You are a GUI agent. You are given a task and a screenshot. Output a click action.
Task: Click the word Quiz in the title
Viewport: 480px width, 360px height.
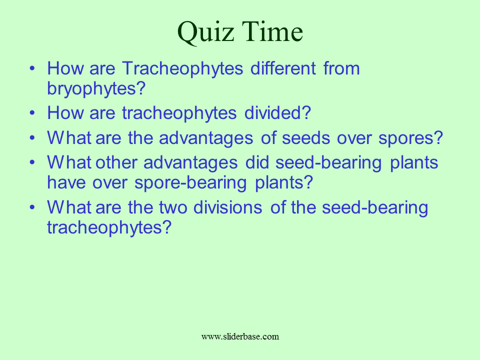click(205, 32)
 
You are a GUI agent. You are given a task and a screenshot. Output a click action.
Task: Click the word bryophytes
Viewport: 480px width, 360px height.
click(96, 89)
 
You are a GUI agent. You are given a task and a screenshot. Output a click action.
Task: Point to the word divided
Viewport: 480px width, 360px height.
click(277, 112)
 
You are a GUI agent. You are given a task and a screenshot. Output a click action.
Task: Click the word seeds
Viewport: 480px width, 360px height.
click(306, 138)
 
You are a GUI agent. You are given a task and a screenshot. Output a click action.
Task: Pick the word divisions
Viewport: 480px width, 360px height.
click(228, 207)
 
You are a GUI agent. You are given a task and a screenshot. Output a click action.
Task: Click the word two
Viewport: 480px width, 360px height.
click(173, 208)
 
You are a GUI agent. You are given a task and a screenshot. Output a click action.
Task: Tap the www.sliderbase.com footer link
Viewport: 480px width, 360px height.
click(240, 336)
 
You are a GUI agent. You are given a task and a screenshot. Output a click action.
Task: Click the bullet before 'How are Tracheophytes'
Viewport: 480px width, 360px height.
click(32, 68)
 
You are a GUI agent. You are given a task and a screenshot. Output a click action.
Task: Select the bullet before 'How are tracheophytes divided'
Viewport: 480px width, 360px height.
click(32, 112)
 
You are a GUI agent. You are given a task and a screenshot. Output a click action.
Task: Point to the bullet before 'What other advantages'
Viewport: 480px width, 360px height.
click(32, 162)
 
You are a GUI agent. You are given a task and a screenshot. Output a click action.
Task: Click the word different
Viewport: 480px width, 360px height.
click(283, 68)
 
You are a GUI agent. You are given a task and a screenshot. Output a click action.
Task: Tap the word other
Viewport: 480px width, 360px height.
click(116, 162)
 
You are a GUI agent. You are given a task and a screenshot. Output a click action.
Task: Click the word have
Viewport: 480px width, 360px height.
click(66, 182)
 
